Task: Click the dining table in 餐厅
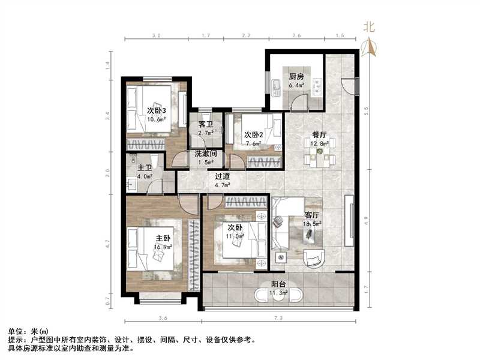[x=319, y=158]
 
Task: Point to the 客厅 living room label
[x=313, y=215]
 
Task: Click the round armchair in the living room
[x=314, y=257]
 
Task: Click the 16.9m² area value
[x=163, y=247]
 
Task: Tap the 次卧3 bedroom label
[x=156, y=110]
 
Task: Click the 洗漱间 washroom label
[x=205, y=154]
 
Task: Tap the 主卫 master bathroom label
[x=145, y=169]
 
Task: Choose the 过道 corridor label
[x=223, y=176]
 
